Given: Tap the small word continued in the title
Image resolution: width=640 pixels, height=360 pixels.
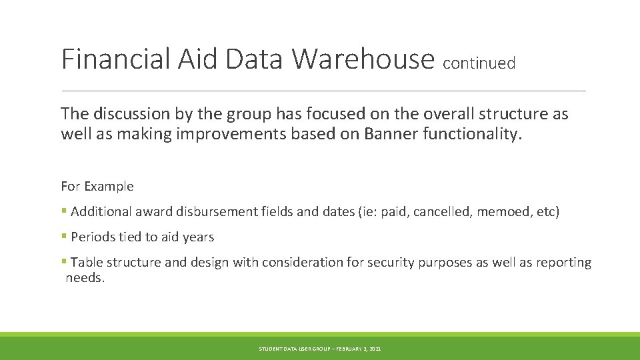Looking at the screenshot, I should [x=479, y=63].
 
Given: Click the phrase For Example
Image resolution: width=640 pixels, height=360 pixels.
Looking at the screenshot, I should [x=97, y=186].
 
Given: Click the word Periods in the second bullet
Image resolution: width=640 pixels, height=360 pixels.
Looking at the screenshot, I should [x=91, y=237].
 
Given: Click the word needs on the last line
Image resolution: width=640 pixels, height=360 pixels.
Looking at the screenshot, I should [x=85, y=278].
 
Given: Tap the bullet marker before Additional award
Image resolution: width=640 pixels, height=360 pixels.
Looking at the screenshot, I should [x=64, y=212].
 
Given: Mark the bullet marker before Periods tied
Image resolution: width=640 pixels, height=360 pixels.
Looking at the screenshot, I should [x=64, y=237].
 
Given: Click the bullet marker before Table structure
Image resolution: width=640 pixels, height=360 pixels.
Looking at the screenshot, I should [x=64, y=263].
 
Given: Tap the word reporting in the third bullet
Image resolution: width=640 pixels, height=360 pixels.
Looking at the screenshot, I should [x=565, y=263].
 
